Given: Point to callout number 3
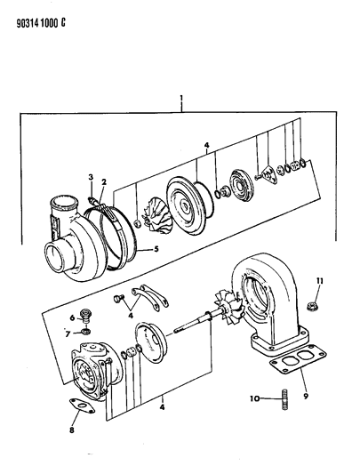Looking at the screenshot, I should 90,179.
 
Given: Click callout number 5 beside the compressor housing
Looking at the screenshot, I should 156,249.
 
